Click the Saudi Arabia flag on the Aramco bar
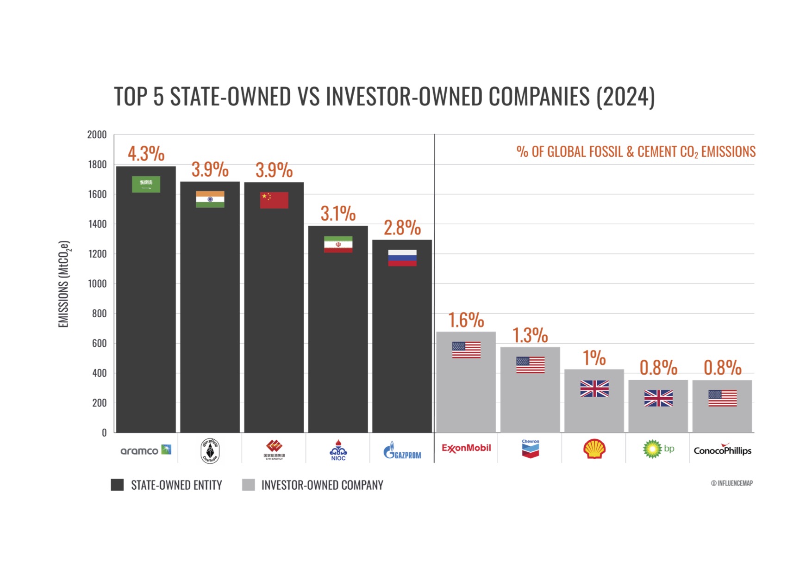146,184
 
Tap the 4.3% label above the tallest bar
146,154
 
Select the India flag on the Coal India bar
210,199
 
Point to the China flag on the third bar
274,200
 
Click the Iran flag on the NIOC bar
338,244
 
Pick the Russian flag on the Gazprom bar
402,258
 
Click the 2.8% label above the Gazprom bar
402,228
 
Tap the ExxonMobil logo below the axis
466,448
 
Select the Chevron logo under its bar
530,449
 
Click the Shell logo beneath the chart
594,449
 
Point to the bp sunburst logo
652,449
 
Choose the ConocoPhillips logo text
722,450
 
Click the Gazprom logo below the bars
402,450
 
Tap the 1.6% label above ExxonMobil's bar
466,320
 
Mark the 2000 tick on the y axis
97,135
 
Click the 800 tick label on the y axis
99,314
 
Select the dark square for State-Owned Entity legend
118,485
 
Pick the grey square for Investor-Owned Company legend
249,485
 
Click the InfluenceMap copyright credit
731,483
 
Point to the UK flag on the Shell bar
594,388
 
